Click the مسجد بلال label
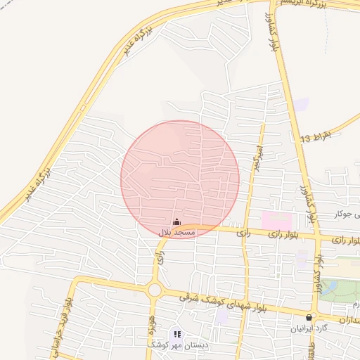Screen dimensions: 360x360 pyautogui.click(x=176, y=232)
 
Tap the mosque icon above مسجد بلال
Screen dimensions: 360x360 pyautogui.click(x=176, y=222)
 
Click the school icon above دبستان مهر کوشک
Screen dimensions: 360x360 pyautogui.click(x=176, y=333)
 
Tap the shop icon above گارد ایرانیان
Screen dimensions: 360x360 pyautogui.click(x=309, y=318)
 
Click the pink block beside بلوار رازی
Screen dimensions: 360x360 pyautogui.click(x=275, y=219)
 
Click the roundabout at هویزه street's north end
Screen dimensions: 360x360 pyautogui.click(x=155, y=290)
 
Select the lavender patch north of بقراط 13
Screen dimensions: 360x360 pyautogui.click(x=302, y=105)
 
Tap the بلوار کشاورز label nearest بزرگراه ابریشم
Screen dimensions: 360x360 pyautogui.click(x=275, y=32)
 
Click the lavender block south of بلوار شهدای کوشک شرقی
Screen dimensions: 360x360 pyautogui.click(x=222, y=316)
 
